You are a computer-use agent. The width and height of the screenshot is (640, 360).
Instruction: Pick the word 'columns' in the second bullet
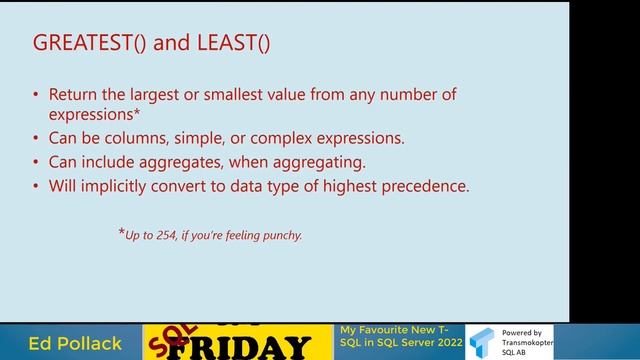[x=143, y=138]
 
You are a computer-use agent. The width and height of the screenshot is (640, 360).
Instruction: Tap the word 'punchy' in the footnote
[x=279, y=236]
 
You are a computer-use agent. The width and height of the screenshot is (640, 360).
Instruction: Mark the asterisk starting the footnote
[x=121, y=234]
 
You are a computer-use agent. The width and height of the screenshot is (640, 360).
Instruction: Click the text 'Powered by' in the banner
[x=521, y=332]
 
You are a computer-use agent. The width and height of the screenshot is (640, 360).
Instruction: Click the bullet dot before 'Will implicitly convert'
[x=37, y=185]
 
